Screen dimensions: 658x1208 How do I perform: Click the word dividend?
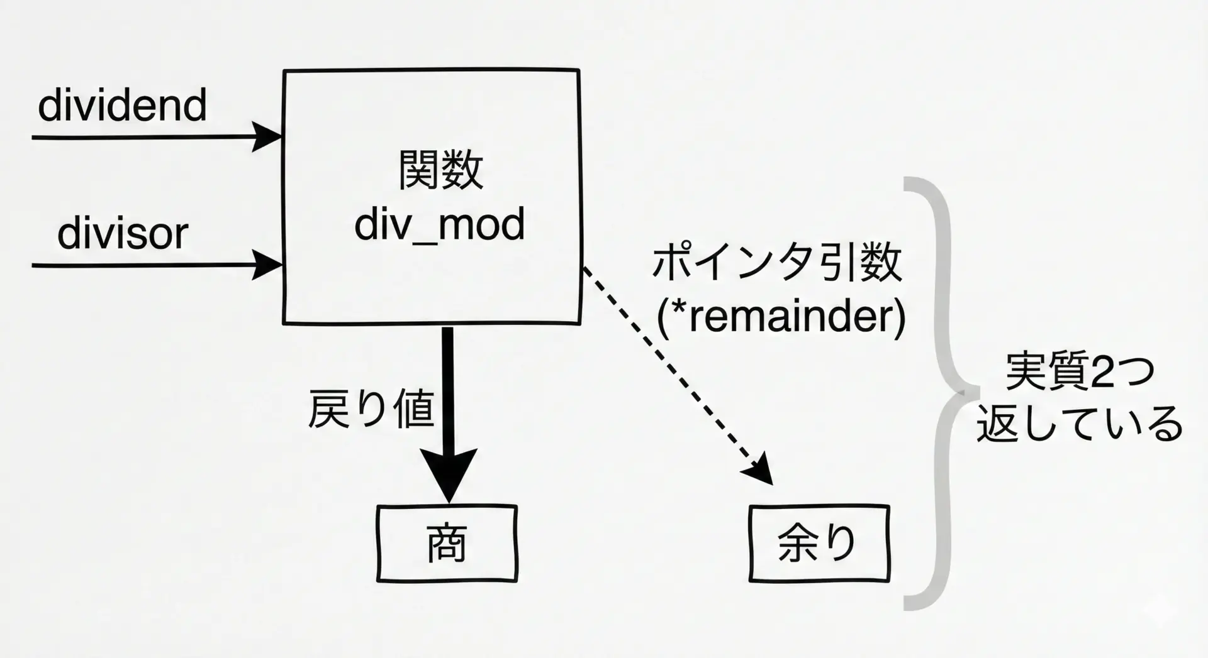point(122,105)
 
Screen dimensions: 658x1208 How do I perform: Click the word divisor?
point(123,234)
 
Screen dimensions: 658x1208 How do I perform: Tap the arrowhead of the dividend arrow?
point(267,136)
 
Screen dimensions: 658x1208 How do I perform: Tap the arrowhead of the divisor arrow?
point(267,265)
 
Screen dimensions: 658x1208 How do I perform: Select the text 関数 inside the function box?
point(440,170)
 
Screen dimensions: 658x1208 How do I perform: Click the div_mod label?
point(439,224)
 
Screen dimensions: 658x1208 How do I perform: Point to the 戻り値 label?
point(371,409)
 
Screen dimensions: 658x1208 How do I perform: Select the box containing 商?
point(447,544)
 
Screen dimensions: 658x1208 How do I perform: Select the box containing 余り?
point(819,544)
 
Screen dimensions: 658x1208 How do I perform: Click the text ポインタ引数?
point(778,263)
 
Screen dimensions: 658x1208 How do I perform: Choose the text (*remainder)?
point(781,317)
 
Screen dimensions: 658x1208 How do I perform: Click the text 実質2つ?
point(1080,373)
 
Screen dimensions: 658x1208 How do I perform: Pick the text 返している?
point(1080,425)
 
